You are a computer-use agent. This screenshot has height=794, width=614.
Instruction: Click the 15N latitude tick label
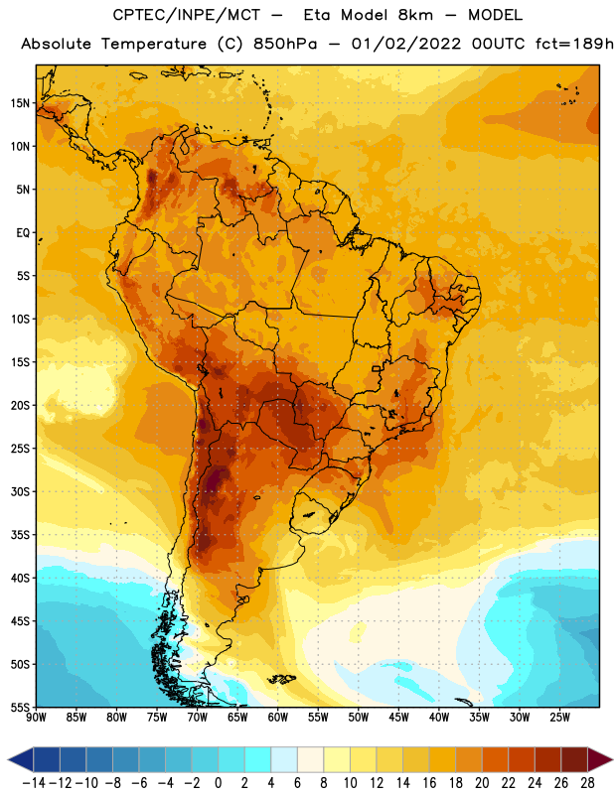point(20,103)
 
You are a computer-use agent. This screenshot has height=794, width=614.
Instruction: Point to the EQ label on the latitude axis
point(23,233)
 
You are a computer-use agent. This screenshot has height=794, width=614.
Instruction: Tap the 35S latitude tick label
point(20,535)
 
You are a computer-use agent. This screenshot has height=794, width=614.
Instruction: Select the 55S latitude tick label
point(20,708)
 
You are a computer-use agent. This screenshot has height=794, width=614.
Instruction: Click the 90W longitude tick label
point(36,718)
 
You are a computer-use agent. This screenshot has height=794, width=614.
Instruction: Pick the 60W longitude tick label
point(278,718)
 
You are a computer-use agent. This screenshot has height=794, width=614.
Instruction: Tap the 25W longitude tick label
point(559,718)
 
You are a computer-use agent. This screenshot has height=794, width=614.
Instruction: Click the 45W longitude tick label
point(398,718)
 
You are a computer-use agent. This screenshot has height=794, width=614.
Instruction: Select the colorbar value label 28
point(587,783)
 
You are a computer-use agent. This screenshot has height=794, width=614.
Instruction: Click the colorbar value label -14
point(34,783)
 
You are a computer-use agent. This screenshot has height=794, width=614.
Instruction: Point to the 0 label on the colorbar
point(218,783)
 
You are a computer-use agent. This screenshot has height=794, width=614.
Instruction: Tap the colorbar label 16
point(429,783)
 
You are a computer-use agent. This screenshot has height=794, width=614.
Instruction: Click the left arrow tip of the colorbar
point(9,760)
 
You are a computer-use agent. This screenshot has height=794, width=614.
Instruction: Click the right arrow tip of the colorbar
point(612,760)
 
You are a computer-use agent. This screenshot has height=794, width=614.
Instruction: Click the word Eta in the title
point(317,15)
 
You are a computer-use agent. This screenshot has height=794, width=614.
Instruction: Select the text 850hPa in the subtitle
point(285,44)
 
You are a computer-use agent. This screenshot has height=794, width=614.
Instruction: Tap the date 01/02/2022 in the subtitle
point(406,44)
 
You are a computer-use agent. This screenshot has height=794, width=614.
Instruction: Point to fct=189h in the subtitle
point(574,44)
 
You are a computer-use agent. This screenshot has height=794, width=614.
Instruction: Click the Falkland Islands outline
point(281,679)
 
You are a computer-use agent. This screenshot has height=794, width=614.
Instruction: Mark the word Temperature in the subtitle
point(154,44)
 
